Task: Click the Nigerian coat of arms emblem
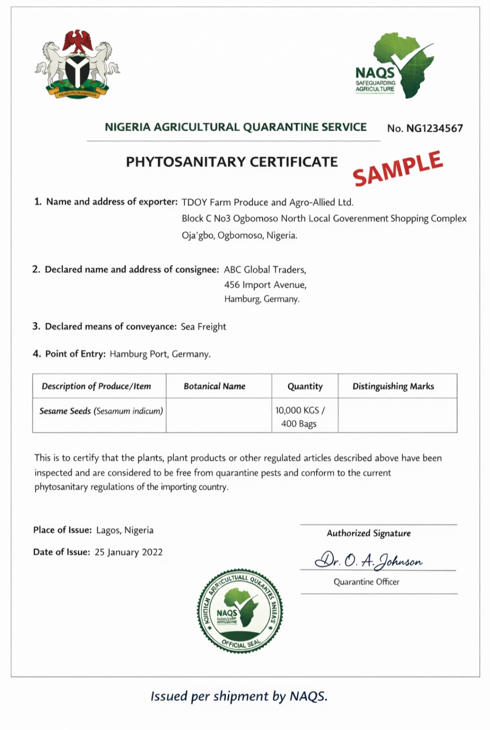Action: pyautogui.click(x=78, y=64)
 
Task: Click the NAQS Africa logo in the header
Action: pyautogui.click(x=395, y=66)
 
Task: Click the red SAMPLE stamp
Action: pyautogui.click(x=398, y=169)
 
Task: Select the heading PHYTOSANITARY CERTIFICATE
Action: pyautogui.click(x=232, y=162)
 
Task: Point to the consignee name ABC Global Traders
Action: pyautogui.click(x=265, y=270)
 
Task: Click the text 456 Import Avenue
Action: pyautogui.click(x=265, y=285)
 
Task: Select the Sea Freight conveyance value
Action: pyautogui.click(x=203, y=327)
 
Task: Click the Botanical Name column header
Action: pyautogui.click(x=214, y=387)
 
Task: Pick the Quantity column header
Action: pyautogui.click(x=305, y=387)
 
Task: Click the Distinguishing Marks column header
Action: pyautogui.click(x=393, y=387)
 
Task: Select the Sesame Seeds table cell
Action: pyautogui.click(x=101, y=411)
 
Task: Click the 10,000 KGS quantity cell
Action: pyautogui.click(x=299, y=416)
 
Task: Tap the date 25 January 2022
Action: pyautogui.click(x=128, y=552)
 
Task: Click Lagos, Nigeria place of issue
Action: pyautogui.click(x=125, y=530)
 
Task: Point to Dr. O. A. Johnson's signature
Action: pyautogui.click(x=368, y=561)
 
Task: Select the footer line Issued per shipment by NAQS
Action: pyautogui.click(x=239, y=696)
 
